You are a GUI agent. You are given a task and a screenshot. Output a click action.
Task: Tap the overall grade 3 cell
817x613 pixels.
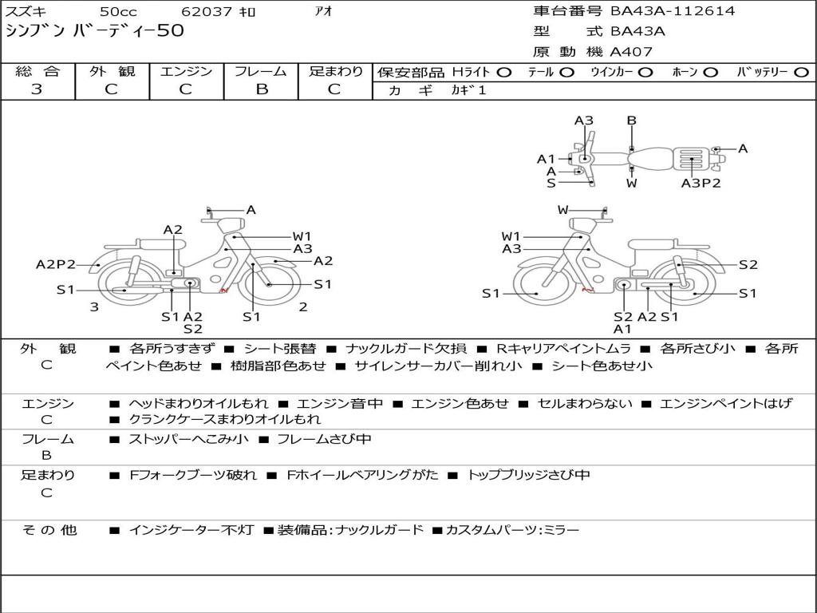coord(37,89)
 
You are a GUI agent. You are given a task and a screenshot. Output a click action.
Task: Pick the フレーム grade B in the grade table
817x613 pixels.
coord(261,89)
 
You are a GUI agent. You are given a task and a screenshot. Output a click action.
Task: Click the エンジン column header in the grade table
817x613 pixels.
coord(186,71)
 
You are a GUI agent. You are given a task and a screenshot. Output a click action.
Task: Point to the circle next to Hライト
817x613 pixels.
coord(503,72)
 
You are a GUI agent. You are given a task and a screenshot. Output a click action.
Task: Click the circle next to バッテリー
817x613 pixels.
coord(801,72)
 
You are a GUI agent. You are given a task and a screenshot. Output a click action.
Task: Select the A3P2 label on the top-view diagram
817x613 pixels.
coord(701,183)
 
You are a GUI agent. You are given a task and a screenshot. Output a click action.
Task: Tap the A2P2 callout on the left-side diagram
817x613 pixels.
coord(56,264)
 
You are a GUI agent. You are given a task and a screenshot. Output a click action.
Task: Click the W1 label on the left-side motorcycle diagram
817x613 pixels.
coord(302,236)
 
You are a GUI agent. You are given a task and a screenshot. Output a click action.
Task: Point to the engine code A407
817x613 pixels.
coord(631,52)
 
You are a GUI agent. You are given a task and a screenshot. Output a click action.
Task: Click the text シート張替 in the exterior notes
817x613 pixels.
coord(279,349)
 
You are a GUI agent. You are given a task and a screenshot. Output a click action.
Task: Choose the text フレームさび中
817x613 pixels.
coord(323,439)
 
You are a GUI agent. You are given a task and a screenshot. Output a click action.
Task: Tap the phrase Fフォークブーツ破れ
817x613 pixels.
coord(193,475)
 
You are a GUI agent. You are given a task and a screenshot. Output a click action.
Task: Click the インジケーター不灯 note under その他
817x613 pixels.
coord(191,530)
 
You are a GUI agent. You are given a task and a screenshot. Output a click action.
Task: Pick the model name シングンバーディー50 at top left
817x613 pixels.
coord(95,31)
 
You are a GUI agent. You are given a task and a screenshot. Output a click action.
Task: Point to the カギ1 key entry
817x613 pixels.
coord(468,90)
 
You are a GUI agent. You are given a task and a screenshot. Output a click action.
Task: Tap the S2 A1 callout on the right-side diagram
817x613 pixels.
coord(623,322)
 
